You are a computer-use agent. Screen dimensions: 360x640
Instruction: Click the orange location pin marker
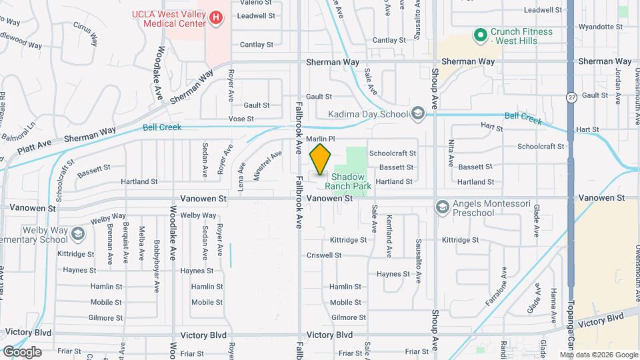pos(321,159)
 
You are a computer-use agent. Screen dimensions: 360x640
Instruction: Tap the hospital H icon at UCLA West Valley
pos(216,19)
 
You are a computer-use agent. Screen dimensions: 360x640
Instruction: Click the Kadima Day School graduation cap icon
pos(418,113)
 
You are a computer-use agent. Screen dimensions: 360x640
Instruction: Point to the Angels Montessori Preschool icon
pos(441,207)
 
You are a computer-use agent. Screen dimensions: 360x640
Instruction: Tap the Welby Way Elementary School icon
pos(79,234)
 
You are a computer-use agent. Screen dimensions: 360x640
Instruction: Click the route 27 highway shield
pos(571,97)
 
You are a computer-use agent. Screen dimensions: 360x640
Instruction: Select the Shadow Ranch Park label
pos(348,181)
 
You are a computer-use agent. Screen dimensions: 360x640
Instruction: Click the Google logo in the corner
pos(22,351)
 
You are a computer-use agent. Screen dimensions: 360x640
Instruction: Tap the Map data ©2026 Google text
pos(598,355)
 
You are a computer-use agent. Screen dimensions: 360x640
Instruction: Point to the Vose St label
pos(241,119)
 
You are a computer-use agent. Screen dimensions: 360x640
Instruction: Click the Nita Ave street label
pos(451,153)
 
